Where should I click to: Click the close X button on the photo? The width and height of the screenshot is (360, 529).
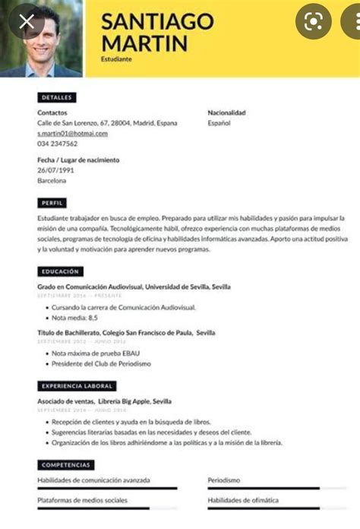pos(27,22)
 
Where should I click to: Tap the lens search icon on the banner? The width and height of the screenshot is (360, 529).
pos(313,22)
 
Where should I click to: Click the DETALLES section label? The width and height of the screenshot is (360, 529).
pos(57,98)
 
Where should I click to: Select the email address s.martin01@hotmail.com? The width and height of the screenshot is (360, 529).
pos(72,133)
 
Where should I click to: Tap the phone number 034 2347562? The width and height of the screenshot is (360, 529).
pos(57,143)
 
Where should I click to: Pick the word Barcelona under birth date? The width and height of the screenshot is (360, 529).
pos(52,180)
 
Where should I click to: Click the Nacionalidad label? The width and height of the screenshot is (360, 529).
pos(226,112)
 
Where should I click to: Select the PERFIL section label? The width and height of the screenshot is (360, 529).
pos(52,203)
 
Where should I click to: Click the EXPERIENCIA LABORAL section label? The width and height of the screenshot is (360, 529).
pos(77,386)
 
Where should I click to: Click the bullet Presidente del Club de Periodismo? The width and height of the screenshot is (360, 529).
pos(101,364)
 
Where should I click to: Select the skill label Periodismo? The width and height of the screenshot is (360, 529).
pos(225,480)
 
